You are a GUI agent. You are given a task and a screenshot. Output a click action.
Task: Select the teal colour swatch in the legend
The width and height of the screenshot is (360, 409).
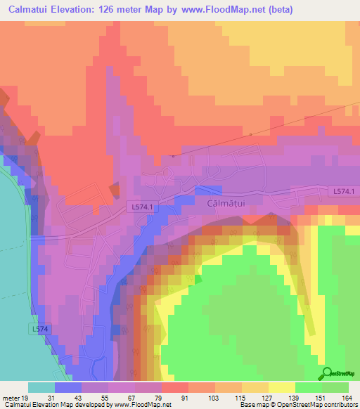coord(41,387)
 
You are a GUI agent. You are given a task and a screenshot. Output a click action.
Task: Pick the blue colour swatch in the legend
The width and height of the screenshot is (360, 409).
coord(68,387)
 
